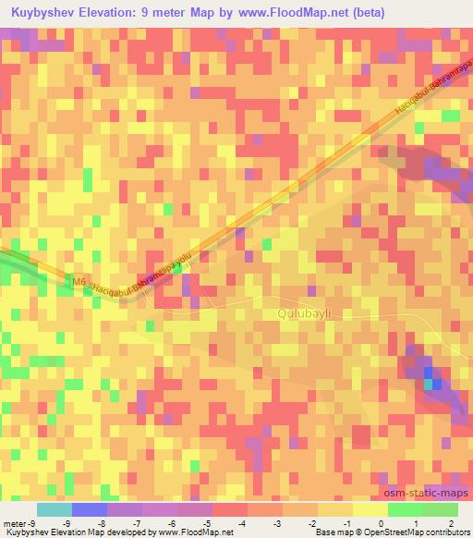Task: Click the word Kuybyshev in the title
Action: [43, 12]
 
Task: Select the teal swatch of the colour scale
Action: [54, 510]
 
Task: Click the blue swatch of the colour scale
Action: [90, 510]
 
